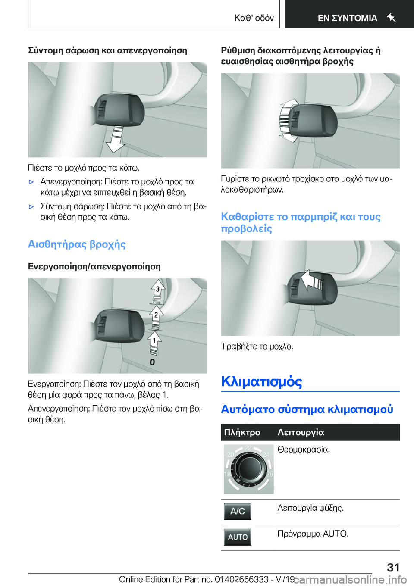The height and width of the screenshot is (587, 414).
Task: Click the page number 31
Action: pyautogui.click(x=393, y=567)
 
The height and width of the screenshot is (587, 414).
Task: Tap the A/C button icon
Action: pyautogui.click(x=238, y=512)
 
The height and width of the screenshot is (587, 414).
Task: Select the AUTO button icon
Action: pyautogui.click(x=238, y=537)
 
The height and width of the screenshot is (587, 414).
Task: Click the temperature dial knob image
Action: pyautogui.click(x=248, y=469)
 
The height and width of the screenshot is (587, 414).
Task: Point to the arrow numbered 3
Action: pyautogui.click(x=157, y=291)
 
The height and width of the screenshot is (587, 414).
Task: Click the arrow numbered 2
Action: pyautogui.click(x=156, y=316)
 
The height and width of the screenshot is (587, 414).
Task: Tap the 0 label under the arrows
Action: pyautogui.click(x=152, y=362)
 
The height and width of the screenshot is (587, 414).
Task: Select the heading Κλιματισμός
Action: pyautogui.click(x=261, y=381)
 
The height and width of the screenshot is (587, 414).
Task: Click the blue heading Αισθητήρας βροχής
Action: pyautogui.click(x=77, y=244)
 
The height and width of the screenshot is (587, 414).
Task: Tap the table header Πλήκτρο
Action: pyautogui.click(x=242, y=432)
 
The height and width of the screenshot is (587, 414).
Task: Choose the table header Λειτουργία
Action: pyautogui.click(x=301, y=432)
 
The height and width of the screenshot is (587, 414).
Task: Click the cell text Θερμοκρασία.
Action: pyautogui.click(x=304, y=450)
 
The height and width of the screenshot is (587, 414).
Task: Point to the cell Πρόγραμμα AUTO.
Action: pyautogui.click(x=313, y=534)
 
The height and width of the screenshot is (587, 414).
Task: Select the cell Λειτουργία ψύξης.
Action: pyautogui.click(x=310, y=508)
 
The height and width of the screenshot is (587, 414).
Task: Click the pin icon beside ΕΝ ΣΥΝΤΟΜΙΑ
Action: pyautogui.click(x=391, y=18)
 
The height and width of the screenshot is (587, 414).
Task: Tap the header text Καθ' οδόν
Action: pyautogui.click(x=254, y=18)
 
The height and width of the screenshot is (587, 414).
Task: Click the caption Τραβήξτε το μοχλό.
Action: pyautogui.click(x=257, y=346)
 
